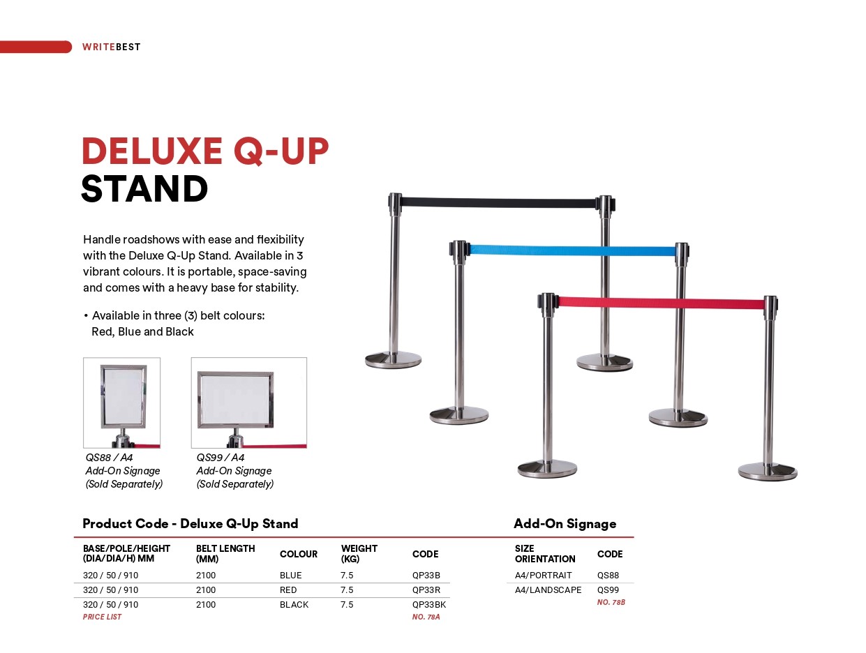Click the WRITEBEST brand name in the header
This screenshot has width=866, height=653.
[111, 47]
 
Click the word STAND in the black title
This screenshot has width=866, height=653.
[144, 189]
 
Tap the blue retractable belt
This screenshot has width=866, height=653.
[572, 250]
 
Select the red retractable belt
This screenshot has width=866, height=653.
[661, 303]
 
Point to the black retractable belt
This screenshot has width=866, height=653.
[500, 203]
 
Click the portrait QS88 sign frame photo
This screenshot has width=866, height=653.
[121, 403]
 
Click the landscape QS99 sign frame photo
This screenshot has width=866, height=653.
[248, 403]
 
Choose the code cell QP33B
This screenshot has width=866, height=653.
[426, 575]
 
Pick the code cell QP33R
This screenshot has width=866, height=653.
[426, 590]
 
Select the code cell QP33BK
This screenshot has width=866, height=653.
[429, 604]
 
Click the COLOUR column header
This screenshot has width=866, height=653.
[298, 554]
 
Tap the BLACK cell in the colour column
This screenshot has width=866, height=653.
[294, 604]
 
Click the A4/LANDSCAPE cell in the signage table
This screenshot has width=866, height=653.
[548, 590]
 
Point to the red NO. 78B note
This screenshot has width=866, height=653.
[611, 602]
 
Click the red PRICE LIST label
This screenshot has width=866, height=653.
[102, 617]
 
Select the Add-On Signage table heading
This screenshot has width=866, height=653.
[565, 523]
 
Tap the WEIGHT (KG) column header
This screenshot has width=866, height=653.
[359, 553]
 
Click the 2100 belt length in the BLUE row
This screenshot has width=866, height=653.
[206, 575]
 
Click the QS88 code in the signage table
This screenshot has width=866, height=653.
[608, 575]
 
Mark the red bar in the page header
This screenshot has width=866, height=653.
[36, 47]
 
